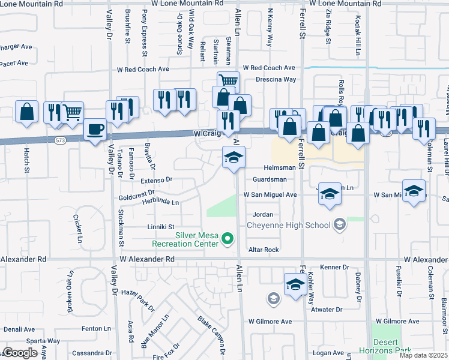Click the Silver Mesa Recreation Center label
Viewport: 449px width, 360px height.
click(185, 240)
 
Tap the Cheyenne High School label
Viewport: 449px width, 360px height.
click(289, 225)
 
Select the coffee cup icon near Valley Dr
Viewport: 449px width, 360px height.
click(94, 130)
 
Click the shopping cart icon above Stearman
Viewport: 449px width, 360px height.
click(228, 81)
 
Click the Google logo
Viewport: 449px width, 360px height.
click(20, 353)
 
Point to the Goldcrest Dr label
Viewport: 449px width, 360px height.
click(137, 196)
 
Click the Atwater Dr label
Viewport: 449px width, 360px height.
click(327, 310)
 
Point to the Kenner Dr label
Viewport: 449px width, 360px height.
click(334, 267)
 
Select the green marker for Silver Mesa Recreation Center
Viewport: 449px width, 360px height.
click(228, 239)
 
